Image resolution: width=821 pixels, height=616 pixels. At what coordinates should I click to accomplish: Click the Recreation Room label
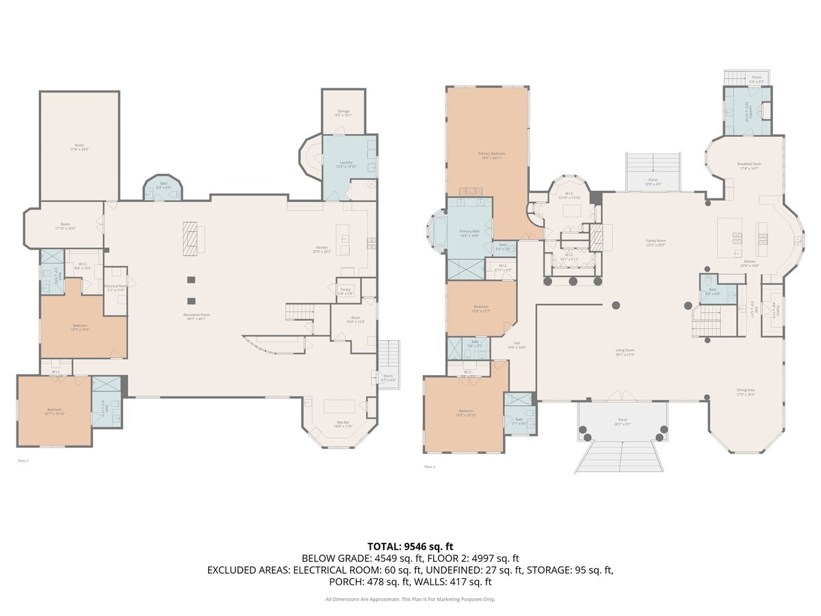click(x=196, y=316)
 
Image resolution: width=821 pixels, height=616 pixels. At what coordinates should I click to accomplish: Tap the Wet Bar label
click(x=343, y=424)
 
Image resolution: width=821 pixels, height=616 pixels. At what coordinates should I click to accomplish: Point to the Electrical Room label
click(x=116, y=288)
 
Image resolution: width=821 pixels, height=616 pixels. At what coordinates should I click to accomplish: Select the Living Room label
click(x=625, y=352)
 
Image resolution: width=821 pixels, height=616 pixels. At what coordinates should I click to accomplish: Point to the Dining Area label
click(x=745, y=392)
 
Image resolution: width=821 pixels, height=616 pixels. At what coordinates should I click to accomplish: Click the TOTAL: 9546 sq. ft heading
click(x=410, y=546)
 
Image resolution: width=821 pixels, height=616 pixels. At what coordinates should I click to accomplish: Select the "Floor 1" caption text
click(x=23, y=461)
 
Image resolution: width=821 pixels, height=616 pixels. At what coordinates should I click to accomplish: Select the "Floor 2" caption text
click(x=430, y=467)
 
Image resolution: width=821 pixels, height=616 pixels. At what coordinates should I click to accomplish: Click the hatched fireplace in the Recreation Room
click(x=193, y=238)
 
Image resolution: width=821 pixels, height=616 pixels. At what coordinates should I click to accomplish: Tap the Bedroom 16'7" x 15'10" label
click(x=54, y=411)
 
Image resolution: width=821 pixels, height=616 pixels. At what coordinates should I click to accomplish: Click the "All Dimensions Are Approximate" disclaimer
click(x=410, y=600)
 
